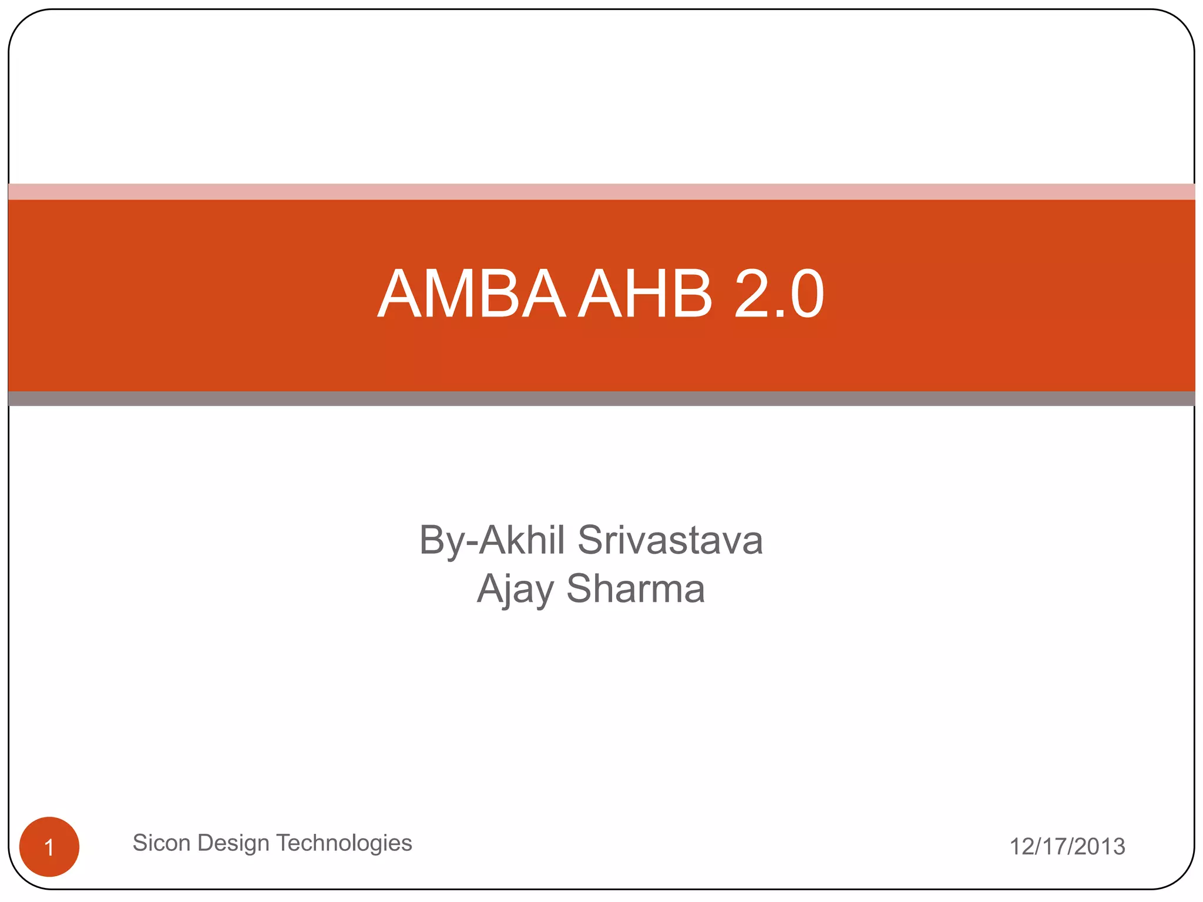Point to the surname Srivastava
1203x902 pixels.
pyautogui.click(x=670, y=540)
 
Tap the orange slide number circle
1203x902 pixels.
pyautogui.click(x=49, y=846)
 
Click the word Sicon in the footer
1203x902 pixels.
pyautogui.click(x=162, y=843)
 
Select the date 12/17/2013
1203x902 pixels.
pyautogui.click(x=1067, y=847)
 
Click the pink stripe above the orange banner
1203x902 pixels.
pyautogui.click(x=601, y=191)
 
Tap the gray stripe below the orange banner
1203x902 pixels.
pyautogui.click(x=601, y=399)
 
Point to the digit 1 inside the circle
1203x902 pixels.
pyautogui.click(x=49, y=847)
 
